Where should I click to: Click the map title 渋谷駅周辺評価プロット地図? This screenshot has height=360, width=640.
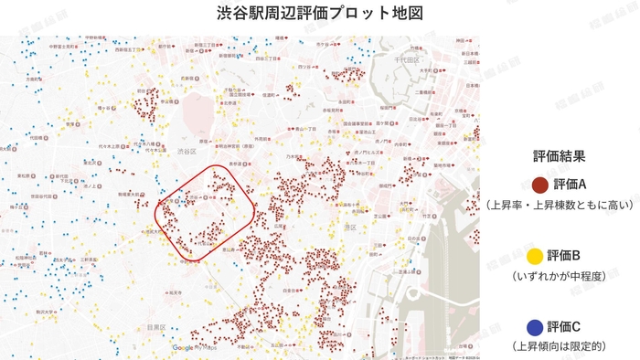point(320,14)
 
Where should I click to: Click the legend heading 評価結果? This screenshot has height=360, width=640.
point(559,156)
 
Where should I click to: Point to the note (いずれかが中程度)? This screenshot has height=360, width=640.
point(559,275)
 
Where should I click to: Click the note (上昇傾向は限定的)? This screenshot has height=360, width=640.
point(559,346)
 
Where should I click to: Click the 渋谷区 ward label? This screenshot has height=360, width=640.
point(188,151)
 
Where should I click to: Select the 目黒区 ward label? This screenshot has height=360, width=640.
point(155,326)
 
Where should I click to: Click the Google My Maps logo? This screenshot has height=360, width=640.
point(195,347)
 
